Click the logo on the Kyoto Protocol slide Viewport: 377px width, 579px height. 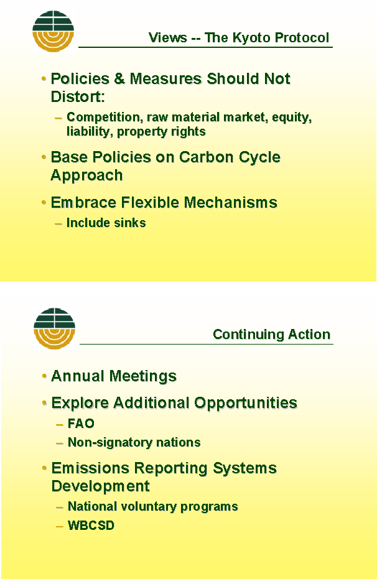(x=53, y=31)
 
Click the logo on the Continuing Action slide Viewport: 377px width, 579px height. (x=54, y=328)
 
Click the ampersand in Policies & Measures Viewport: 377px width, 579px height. (x=119, y=78)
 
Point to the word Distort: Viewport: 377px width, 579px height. (x=78, y=97)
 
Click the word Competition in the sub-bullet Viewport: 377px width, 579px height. (x=103, y=118)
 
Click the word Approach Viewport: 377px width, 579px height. (x=86, y=175)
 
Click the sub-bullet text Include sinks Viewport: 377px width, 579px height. (x=106, y=223)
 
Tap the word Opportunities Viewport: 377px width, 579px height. (x=246, y=403)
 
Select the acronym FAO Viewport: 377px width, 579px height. (x=81, y=424)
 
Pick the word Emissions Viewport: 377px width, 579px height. (x=90, y=468)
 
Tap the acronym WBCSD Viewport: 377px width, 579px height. (x=91, y=526)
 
